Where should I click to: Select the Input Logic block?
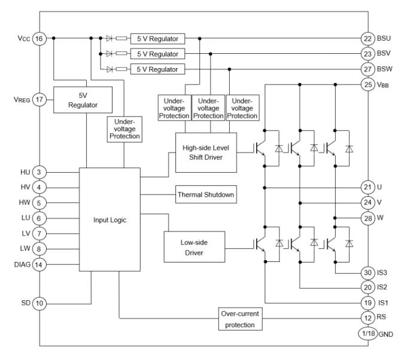[x=109, y=219]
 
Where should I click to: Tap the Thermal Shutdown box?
[x=205, y=195]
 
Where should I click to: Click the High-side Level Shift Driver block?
[x=205, y=152]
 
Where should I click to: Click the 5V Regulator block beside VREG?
[x=83, y=99]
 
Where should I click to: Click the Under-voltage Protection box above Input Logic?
[x=124, y=129]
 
